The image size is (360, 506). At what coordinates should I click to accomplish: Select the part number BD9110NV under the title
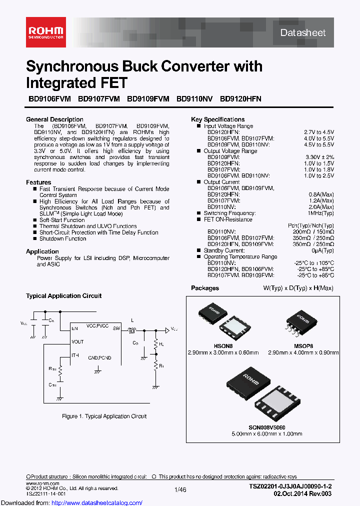(194, 99)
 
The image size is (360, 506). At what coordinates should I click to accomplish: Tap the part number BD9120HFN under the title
(240, 99)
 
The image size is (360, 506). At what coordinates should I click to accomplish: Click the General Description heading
(54, 119)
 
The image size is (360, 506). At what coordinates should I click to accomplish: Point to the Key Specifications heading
(218, 119)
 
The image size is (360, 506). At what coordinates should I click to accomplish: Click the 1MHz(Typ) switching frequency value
(318, 213)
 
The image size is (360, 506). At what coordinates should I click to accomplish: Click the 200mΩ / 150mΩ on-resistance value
(313, 232)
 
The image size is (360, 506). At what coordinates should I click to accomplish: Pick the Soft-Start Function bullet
(62, 220)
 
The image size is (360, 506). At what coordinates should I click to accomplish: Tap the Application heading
(42, 251)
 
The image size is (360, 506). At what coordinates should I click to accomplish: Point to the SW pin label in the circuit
(116, 328)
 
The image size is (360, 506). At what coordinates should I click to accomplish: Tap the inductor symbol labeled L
(132, 330)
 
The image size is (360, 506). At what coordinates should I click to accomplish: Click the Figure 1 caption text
(104, 416)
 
